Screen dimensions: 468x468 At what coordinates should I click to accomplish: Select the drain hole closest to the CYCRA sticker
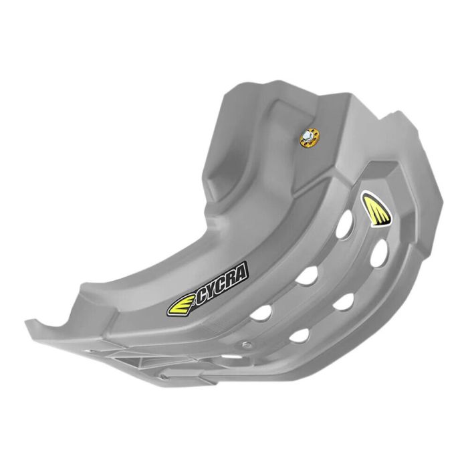coord(263,311)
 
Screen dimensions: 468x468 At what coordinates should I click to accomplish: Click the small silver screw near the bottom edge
coord(247,345)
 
